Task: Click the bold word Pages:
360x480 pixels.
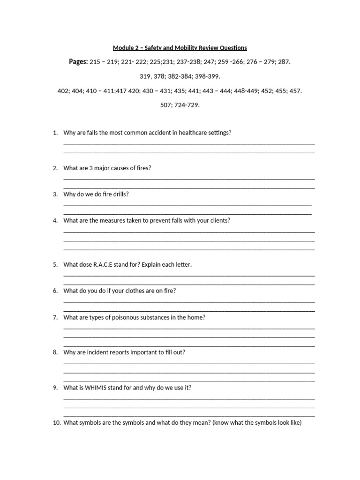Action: pos(78,62)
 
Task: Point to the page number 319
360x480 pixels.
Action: pos(145,76)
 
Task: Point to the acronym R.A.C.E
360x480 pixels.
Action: pos(96,264)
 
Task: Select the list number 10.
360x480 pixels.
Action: pos(57,423)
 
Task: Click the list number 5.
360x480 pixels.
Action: pos(55,264)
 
